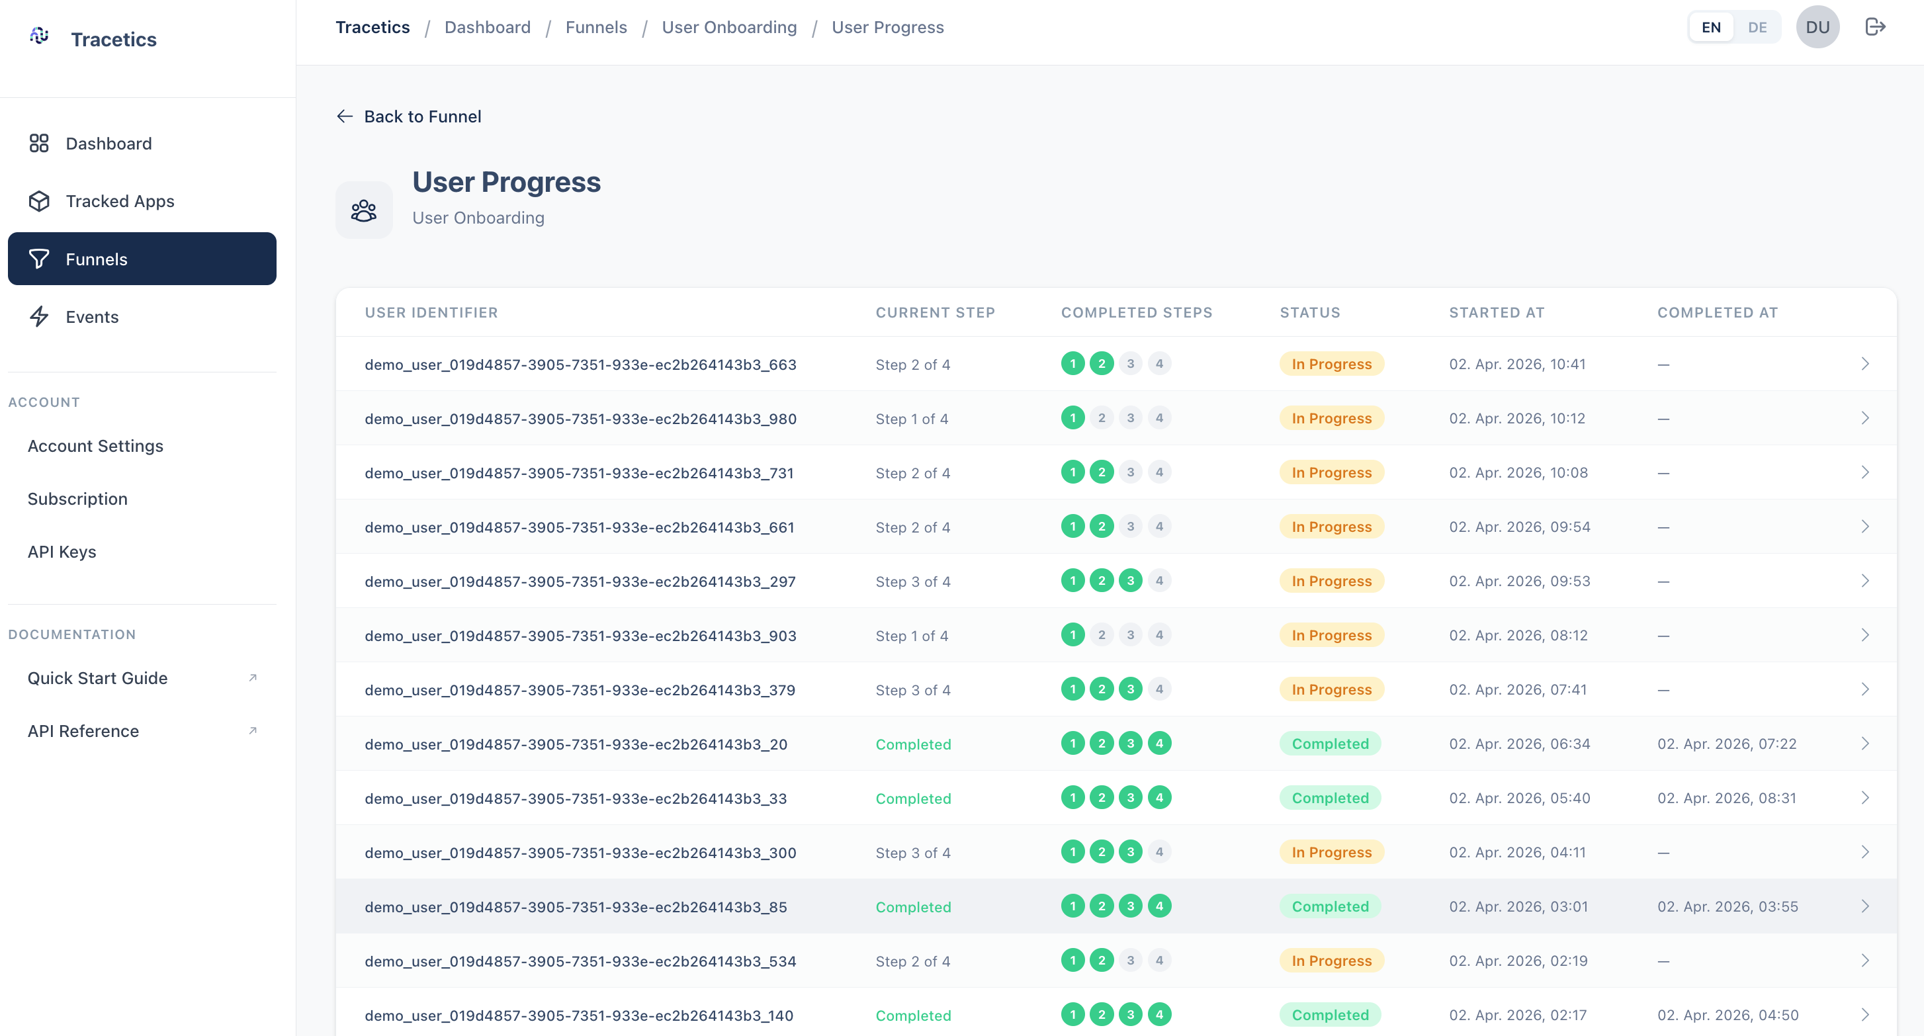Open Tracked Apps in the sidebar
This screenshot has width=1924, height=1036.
pyautogui.click(x=120, y=201)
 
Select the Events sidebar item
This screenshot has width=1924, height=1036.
pyautogui.click(x=92, y=317)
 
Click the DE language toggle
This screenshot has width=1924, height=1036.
pyautogui.click(x=1757, y=28)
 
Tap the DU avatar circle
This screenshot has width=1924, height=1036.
pyautogui.click(x=1817, y=28)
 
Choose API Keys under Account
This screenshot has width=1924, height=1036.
pyautogui.click(x=62, y=551)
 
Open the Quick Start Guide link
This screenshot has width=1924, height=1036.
pyautogui.click(x=98, y=678)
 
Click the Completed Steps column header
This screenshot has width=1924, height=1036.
pyautogui.click(x=1136, y=312)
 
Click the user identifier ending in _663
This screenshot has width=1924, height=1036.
pyautogui.click(x=580, y=365)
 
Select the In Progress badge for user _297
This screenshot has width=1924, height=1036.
pyautogui.click(x=1331, y=581)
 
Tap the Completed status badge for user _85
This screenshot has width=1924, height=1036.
pyautogui.click(x=1331, y=906)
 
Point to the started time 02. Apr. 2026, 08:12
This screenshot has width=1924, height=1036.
pyautogui.click(x=1518, y=636)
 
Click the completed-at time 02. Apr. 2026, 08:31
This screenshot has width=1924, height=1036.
pyautogui.click(x=1726, y=799)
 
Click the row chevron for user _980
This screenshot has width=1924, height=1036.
pyautogui.click(x=1865, y=418)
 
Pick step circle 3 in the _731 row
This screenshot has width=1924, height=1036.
pyautogui.click(x=1130, y=472)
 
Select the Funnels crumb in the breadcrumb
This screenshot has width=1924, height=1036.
pyautogui.click(x=596, y=28)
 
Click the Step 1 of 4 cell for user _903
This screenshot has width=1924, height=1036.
pyautogui.click(x=911, y=636)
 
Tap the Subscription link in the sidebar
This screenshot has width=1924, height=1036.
pyautogui.click(x=77, y=498)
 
